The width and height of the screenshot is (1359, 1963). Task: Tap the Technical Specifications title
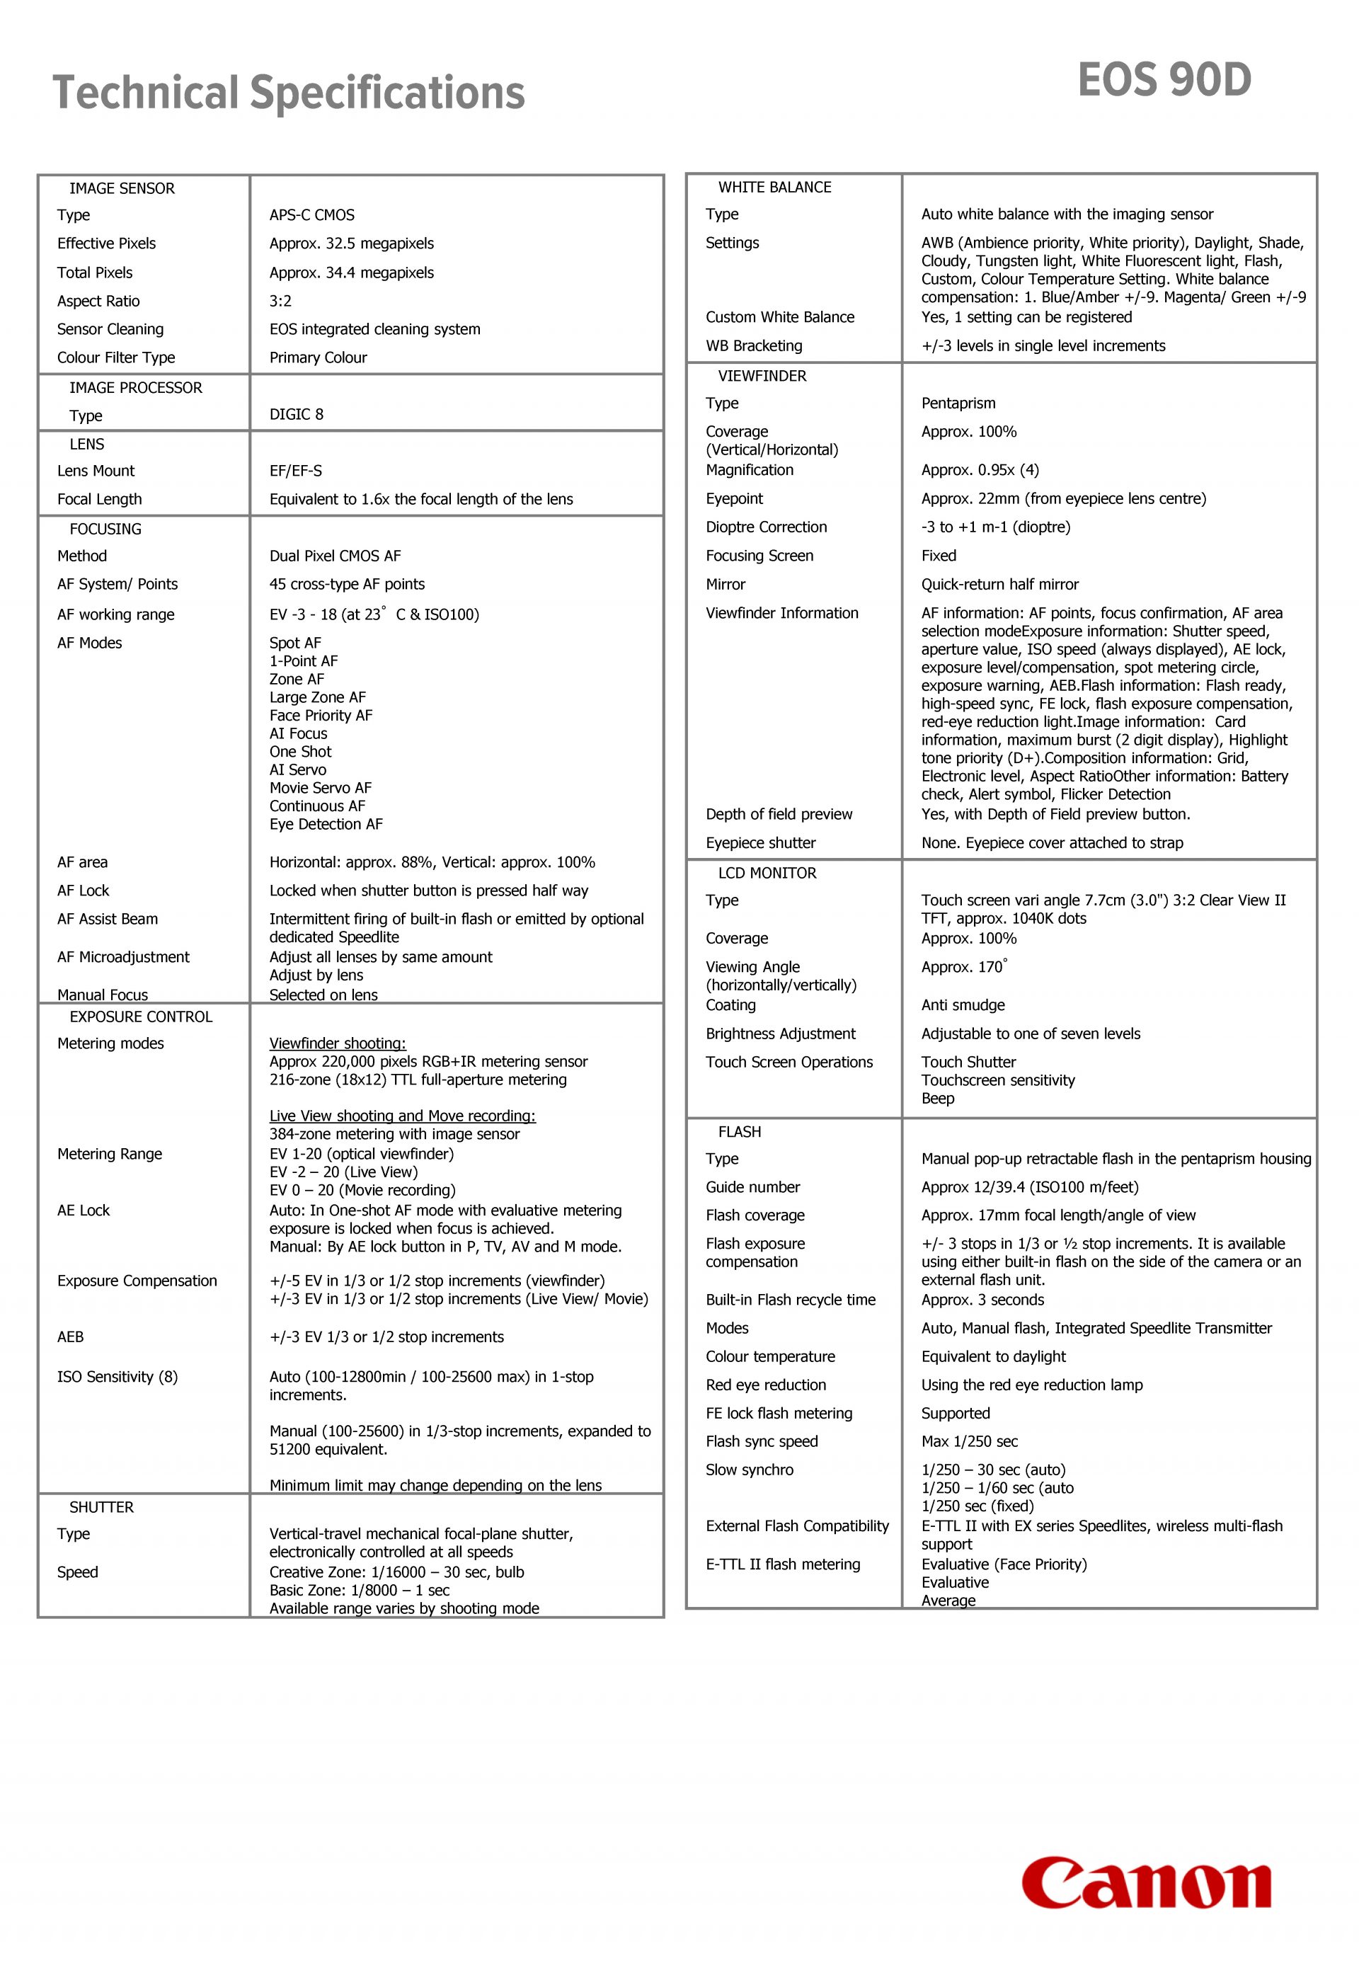(289, 93)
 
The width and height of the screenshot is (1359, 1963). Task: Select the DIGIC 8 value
(297, 415)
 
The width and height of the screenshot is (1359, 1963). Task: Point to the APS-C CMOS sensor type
(311, 215)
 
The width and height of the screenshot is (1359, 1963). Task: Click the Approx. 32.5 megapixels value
(351, 244)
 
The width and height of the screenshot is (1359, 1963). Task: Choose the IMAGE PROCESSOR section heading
(135, 387)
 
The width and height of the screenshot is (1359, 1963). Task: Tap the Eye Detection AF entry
(326, 825)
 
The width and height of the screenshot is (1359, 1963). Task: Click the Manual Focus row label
(102, 995)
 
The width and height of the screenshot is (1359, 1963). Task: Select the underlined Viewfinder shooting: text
(337, 1043)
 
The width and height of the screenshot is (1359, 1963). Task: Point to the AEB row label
(71, 1337)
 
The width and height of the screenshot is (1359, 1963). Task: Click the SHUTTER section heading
(101, 1507)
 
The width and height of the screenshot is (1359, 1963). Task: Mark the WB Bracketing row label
(754, 345)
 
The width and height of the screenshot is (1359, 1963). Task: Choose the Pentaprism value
(958, 404)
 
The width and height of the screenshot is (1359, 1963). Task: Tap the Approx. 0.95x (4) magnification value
(979, 470)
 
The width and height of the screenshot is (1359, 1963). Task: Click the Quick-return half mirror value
(999, 584)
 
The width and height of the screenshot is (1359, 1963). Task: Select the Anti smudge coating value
(962, 1006)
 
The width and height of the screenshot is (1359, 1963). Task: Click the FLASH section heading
(739, 1132)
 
